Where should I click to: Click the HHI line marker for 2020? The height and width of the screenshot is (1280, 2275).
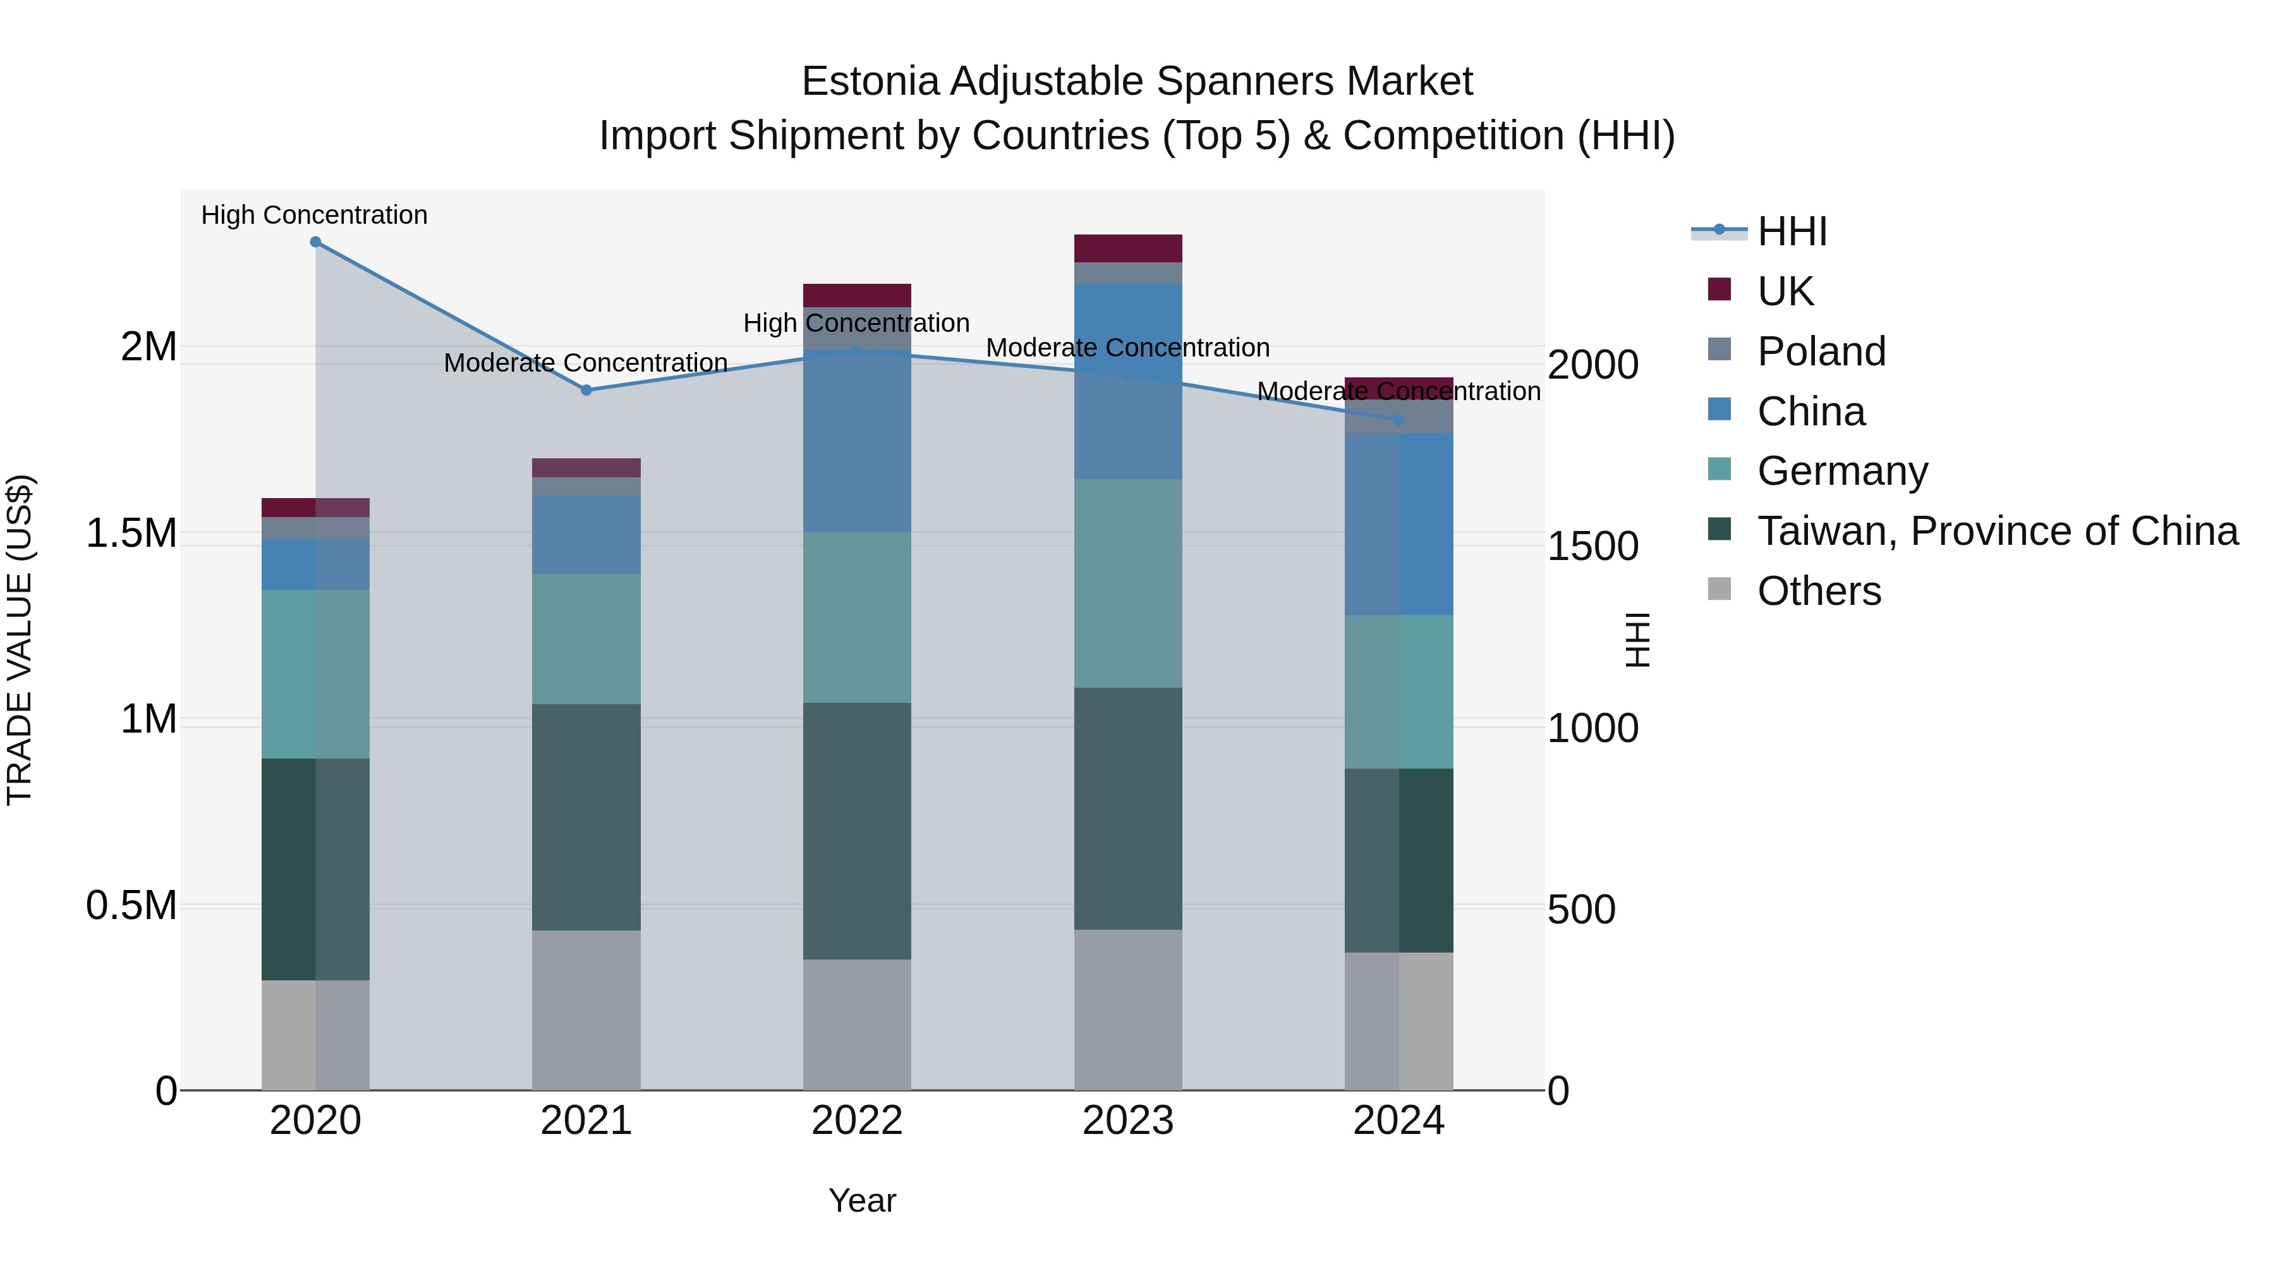click(x=315, y=242)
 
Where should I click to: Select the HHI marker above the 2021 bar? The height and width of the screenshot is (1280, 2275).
click(x=586, y=389)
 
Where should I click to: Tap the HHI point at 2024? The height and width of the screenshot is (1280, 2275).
click(x=1399, y=420)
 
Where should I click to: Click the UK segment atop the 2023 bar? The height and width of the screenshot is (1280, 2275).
click(x=1128, y=248)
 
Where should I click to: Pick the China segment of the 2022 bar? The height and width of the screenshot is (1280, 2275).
click(x=857, y=442)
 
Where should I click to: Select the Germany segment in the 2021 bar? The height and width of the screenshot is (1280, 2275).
click(x=586, y=638)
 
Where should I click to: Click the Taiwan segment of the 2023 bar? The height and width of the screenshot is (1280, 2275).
click(x=1128, y=808)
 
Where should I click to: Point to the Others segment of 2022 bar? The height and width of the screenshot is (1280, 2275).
click(x=857, y=1025)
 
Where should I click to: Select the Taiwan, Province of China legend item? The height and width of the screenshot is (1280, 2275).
click(x=1997, y=531)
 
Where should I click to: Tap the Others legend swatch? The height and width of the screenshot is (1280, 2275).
click(x=1720, y=589)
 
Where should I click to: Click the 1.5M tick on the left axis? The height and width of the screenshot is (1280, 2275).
click(x=131, y=533)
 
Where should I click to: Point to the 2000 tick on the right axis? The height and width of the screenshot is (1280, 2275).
click(x=1592, y=365)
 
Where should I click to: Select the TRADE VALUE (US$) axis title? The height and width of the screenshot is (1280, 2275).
click(x=20, y=640)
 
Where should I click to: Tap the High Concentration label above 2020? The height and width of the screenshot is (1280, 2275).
click(x=315, y=215)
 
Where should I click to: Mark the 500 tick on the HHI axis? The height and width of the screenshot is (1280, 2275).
click(x=1581, y=909)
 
